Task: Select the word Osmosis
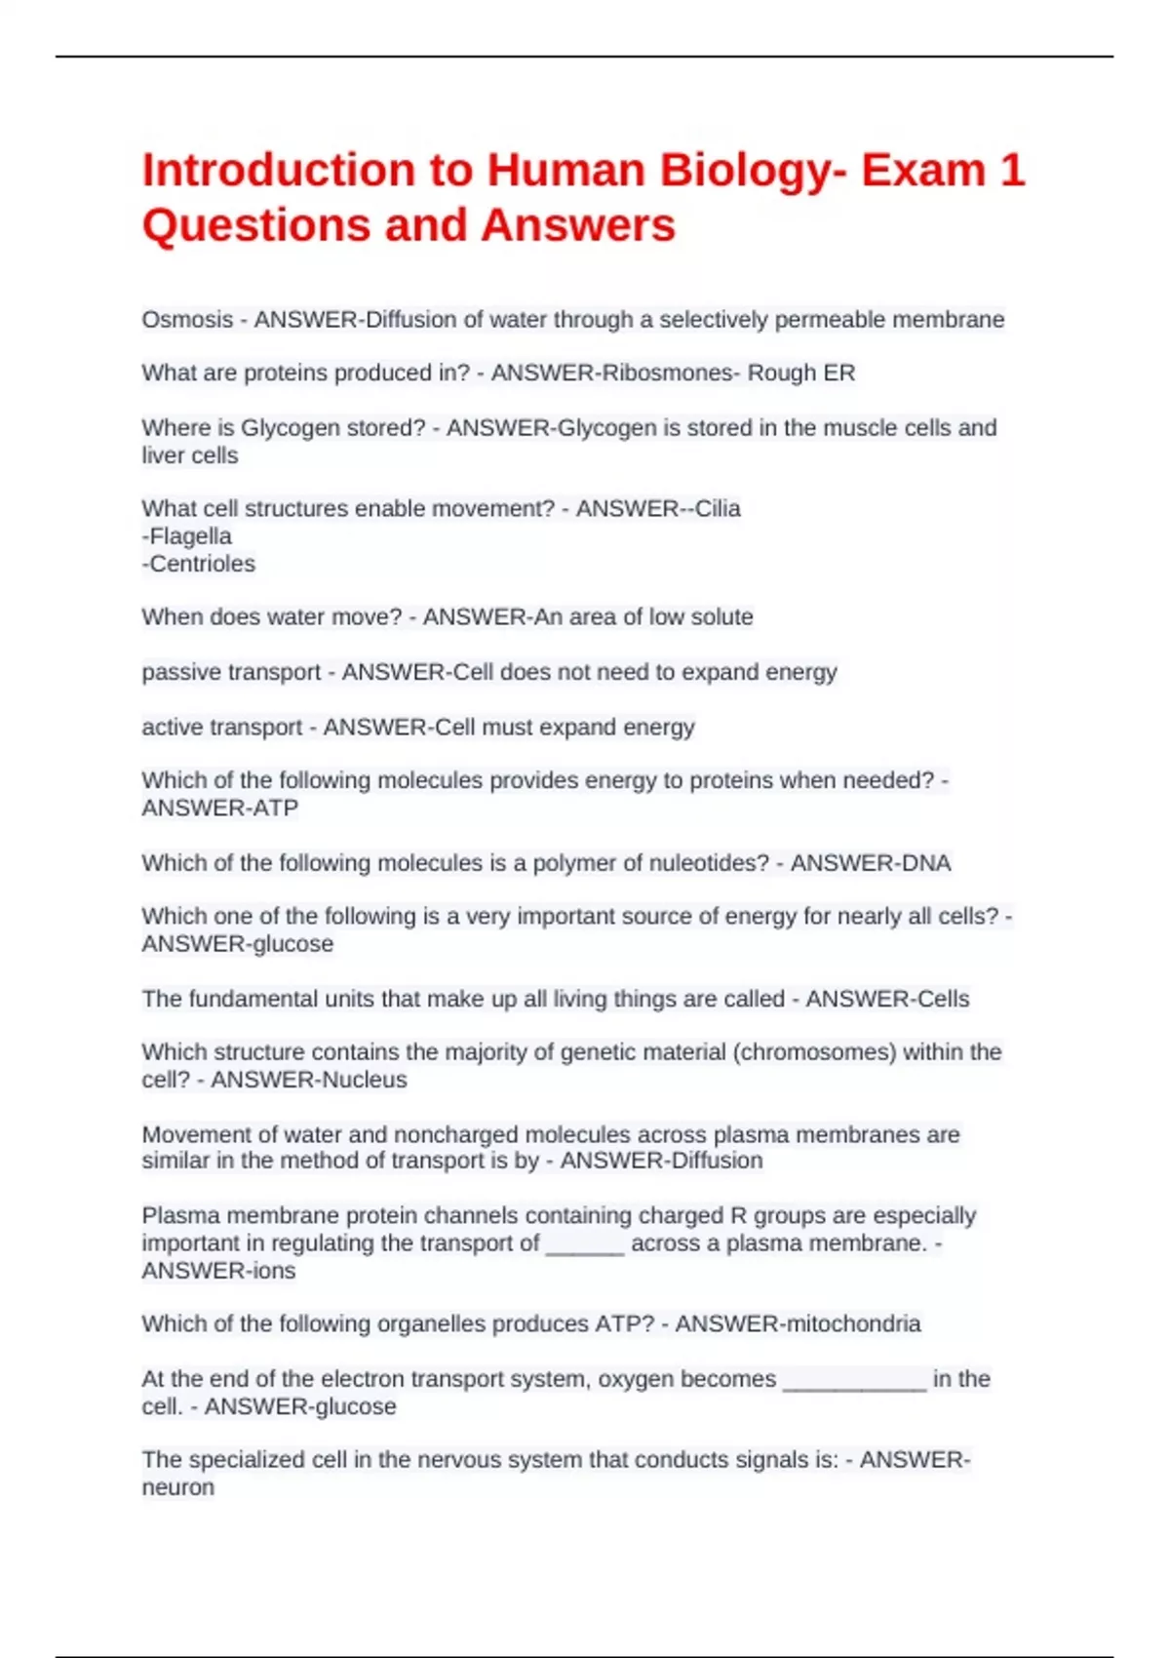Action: [x=187, y=320]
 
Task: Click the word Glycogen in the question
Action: [x=285, y=428]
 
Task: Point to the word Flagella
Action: [x=189, y=536]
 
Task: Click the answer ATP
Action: [x=277, y=809]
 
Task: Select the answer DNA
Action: [x=930, y=863]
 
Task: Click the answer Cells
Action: [x=940, y=999]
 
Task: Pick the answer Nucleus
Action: [x=364, y=1080]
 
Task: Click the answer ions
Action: [x=274, y=1271]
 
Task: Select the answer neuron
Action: [x=178, y=1487]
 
